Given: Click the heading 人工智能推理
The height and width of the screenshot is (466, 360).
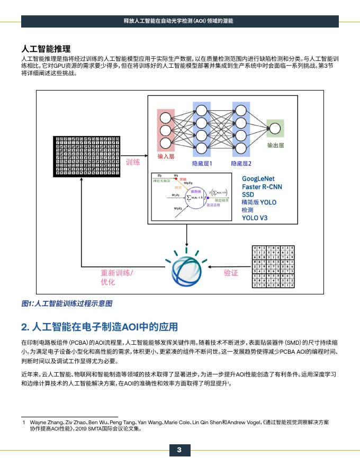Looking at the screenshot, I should [x=46, y=50].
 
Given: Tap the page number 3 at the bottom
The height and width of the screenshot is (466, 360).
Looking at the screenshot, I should [x=179, y=450].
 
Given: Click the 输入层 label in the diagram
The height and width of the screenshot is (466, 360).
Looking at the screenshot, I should [x=166, y=157].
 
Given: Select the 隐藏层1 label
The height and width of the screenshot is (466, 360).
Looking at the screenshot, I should [x=202, y=164].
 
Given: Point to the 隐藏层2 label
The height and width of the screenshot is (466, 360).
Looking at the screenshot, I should [x=241, y=164].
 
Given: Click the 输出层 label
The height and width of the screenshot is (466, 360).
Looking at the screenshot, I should [x=275, y=145].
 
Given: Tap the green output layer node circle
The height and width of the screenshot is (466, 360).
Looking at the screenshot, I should [x=275, y=128].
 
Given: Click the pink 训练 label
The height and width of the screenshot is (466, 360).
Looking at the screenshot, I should [x=133, y=162].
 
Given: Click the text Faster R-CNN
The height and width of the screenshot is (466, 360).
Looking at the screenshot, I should [x=262, y=187].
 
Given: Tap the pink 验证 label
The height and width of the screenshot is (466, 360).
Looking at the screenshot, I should [x=231, y=273].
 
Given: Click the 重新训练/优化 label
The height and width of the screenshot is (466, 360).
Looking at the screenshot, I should [x=116, y=277].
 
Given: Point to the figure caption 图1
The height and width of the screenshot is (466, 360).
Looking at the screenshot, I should [x=67, y=303].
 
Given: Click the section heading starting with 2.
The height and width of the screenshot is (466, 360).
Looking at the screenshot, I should [x=100, y=326].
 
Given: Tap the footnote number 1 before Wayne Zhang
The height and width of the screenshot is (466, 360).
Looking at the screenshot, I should [x=24, y=422].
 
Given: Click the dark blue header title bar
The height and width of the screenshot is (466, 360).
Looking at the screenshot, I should [x=180, y=21].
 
